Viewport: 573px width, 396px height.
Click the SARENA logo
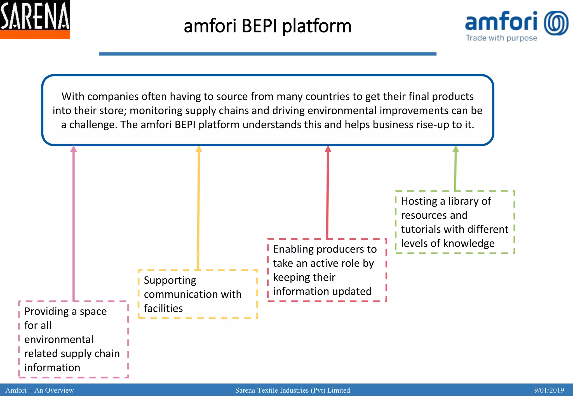point(35,19)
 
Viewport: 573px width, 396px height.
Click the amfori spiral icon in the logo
point(556,23)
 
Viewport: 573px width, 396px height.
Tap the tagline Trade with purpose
point(501,38)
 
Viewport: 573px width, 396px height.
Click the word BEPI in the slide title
point(259,26)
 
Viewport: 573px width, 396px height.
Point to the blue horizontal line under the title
point(267,54)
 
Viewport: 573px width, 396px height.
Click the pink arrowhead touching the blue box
point(74,149)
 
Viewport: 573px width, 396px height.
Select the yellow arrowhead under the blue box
point(199,149)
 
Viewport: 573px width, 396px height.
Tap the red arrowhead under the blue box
point(328,149)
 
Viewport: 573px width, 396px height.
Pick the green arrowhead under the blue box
point(455,149)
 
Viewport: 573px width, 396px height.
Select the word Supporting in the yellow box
point(170,280)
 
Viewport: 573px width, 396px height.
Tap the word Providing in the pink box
point(46,311)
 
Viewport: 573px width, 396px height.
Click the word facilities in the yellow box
point(163,308)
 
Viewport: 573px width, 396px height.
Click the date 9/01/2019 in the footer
point(549,390)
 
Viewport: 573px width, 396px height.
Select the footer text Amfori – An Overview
point(40,390)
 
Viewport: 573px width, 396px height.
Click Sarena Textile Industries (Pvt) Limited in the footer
point(292,390)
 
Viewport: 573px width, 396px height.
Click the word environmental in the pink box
point(59,339)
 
